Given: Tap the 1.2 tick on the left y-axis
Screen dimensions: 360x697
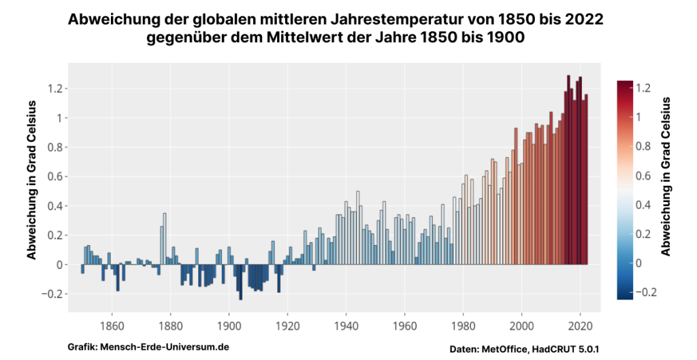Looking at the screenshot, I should pos(54,88).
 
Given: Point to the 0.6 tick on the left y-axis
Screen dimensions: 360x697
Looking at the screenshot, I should pos(54,176).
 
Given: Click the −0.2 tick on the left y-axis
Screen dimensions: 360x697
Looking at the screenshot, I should pos(51,294).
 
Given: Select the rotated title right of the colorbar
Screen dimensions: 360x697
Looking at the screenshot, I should pos(666,176).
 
